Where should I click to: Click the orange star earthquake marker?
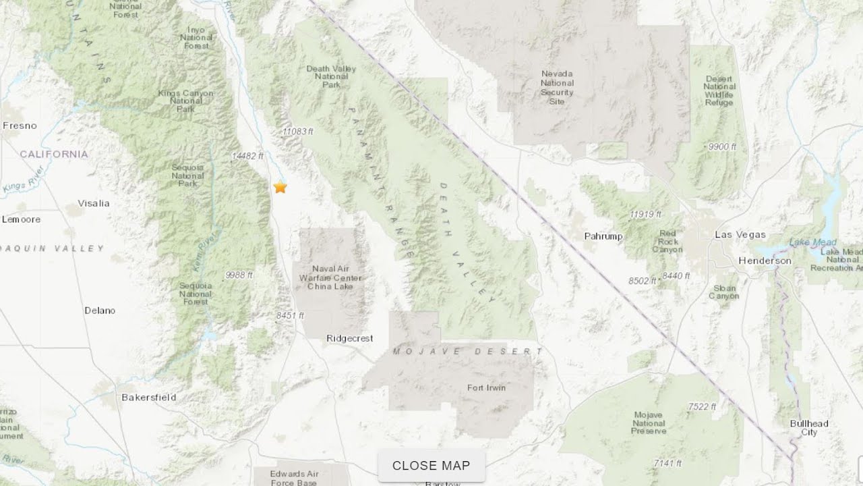[x=280, y=188]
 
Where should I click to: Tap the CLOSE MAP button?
[x=431, y=466]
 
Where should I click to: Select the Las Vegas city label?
[x=740, y=235]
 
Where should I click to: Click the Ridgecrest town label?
[x=349, y=339]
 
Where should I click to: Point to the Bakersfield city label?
[x=148, y=398]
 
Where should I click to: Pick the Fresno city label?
[x=20, y=126]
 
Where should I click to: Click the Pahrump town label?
[x=603, y=236]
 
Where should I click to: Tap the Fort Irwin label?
[x=486, y=388]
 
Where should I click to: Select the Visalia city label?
[x=94, y=203]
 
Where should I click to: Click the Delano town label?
[x=100, y=310]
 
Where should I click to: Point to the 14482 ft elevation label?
[x=247, y=156]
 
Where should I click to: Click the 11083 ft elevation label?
[x=298, y=132]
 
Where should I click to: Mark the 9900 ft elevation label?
[x=722, y=146]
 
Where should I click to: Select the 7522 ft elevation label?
[x=702, y=406]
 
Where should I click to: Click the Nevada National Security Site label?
[x=557, y=88]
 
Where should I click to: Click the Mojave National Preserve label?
[x=649, y=423]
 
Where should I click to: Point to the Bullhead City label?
[x=809, y=428]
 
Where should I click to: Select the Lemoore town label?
[x=21, y=219]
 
